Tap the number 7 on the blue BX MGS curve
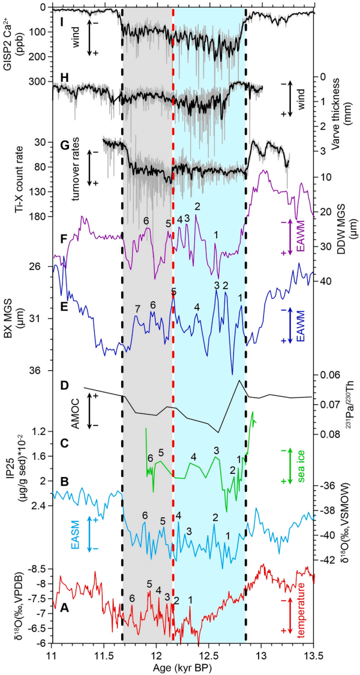tap(137, 309)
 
